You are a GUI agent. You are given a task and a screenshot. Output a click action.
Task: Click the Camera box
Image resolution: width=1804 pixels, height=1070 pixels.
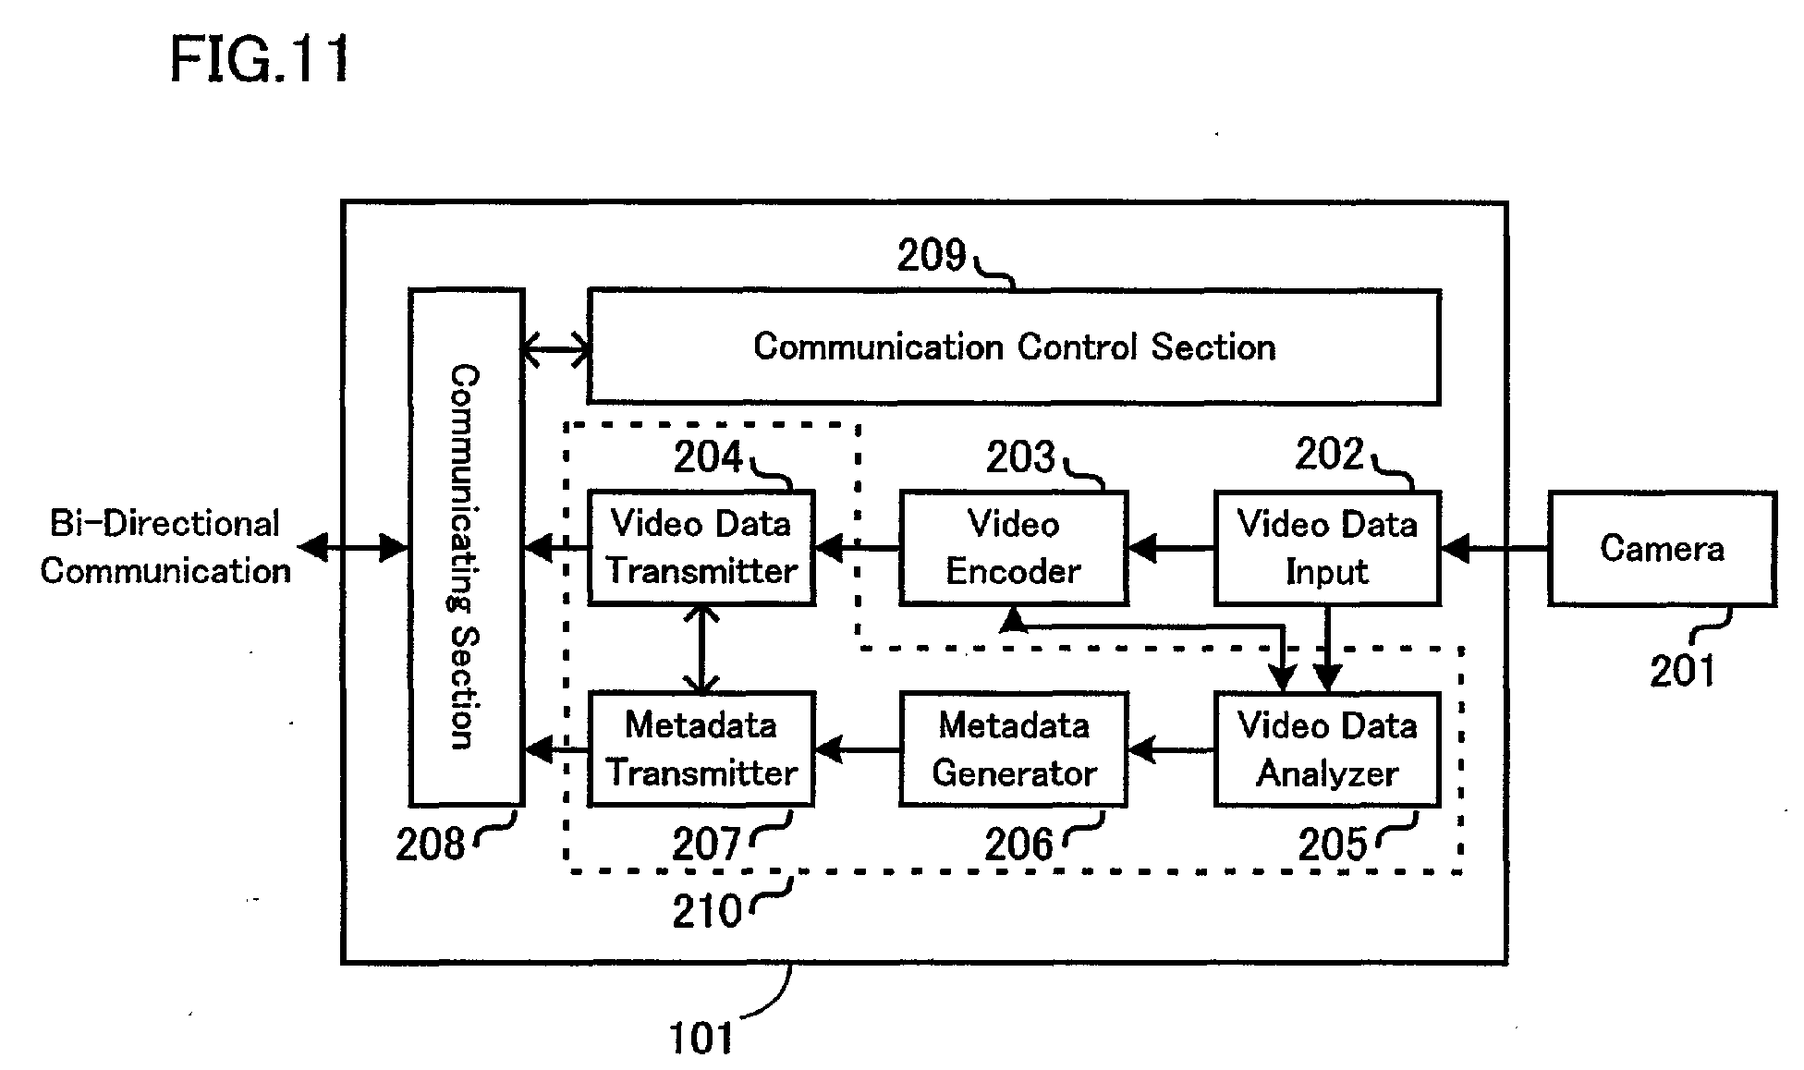pos(1662,549)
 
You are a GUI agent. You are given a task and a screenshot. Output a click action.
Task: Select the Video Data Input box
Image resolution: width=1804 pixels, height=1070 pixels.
pos(1327,548)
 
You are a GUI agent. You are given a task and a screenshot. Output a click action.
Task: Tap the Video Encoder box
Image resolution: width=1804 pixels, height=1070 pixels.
pos(1014,548)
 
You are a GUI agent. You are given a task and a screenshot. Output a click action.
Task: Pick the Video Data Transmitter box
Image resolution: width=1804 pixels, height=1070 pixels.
pos(701,548)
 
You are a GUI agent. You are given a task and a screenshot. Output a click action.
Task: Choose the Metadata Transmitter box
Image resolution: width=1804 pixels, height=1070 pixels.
pos(701,749)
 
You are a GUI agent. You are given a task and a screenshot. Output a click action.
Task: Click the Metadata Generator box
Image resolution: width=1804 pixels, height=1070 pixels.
pos(1014,749)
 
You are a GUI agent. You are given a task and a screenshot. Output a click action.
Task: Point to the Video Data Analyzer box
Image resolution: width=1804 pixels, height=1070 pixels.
pos(1327,749)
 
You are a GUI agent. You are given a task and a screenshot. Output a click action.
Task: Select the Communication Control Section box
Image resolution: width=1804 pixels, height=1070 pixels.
pos(1014,347)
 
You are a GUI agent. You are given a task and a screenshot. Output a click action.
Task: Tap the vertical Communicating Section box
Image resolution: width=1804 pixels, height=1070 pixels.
pos(467,547)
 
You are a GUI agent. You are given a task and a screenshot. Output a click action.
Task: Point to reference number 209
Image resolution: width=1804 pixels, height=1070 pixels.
pos(932,256)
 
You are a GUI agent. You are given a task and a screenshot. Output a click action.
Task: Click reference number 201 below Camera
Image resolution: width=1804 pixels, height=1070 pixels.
pos(1682,671)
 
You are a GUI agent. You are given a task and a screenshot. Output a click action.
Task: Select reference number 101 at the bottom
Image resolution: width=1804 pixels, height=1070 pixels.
pos(701,1039)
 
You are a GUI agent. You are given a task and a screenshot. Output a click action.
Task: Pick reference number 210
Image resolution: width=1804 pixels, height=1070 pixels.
pos(707,912)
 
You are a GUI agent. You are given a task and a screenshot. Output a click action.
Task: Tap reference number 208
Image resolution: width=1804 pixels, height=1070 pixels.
pos(430,845)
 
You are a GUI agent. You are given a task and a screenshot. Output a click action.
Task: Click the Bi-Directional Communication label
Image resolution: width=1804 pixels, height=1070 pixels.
pos(165,547)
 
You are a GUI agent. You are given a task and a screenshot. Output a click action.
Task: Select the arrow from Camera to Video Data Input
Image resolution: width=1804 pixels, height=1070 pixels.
pos(1494,549)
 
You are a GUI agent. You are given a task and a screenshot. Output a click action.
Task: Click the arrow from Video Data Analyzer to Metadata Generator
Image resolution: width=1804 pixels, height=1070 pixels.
pos(1171,749)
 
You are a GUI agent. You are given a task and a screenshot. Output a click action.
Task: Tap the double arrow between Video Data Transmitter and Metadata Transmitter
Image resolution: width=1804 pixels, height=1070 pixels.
pos(702,649)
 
